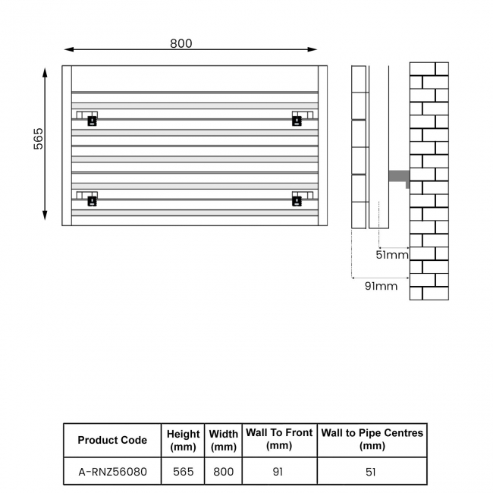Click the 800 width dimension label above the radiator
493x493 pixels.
click(x=181, y=43)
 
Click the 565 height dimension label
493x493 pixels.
click(x=39, y=139)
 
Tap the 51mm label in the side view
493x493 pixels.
click(x=392, y=255)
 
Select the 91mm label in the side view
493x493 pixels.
click(x=381, y=286)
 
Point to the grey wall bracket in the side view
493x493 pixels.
click(x=399, y=177)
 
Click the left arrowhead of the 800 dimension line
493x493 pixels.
click(x=68, y=49)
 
